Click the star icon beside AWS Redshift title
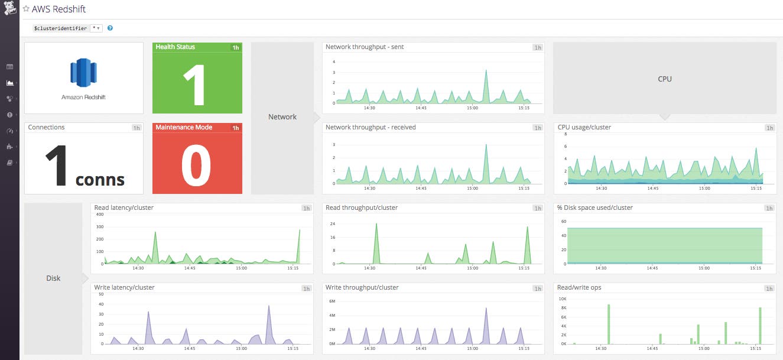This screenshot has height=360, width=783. click(x=26, y=9)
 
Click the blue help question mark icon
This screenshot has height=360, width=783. click(x=111, y=28)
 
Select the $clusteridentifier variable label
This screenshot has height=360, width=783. click(x=60, y=28)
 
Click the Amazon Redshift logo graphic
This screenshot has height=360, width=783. click(x=83, y=73)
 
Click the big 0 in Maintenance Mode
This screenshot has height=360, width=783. click(x=197, y=166)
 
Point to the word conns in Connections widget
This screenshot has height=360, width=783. click(x=100, y=179)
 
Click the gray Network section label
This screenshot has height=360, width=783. click(x=282, y=117)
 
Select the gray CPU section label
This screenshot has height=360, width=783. click(x=664, y=79)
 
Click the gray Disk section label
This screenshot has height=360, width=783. click(x=53, y=278)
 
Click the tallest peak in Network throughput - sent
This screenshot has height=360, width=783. click(x=486, y=71)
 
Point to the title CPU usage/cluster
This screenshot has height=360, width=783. click(x=584, y=127)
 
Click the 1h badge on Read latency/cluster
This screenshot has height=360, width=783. click(x=306, y=208)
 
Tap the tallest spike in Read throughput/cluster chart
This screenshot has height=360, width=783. click(x=376, y=225)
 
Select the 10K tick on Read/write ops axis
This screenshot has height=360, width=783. click(x=563, y=299)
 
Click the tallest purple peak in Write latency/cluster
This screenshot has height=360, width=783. click(x=268, y=307)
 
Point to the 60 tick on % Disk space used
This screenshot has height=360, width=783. click(x=563, y=221)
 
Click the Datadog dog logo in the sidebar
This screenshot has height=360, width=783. click(x=9, y=9)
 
